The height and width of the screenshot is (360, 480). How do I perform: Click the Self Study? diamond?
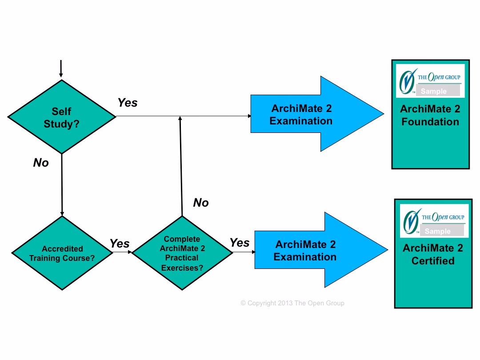tap(62, 117)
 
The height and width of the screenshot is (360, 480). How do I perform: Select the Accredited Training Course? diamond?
tap(62, 253)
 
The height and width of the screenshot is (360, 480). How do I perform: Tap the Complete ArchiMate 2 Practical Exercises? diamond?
tap(182, 253)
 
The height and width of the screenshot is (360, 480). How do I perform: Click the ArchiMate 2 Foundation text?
tap(430, 116)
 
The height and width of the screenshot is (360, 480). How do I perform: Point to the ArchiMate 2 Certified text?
tap(433, 255)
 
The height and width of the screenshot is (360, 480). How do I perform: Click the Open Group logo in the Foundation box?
tap(430, 80)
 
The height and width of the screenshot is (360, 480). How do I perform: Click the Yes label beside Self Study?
tap(128, 103)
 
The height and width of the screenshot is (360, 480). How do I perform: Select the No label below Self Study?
tap(41, 163)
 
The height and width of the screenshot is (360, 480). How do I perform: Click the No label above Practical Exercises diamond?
tap(201, 203)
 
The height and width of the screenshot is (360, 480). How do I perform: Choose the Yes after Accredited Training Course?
tap(120, 244)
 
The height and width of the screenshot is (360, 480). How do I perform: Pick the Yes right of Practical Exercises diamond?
tap(240, 243)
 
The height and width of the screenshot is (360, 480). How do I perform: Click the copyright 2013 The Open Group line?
tap(292, 303)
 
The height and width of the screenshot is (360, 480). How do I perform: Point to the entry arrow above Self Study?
tap(61, 69)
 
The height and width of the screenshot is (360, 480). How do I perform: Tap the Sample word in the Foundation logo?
tap(433, 92)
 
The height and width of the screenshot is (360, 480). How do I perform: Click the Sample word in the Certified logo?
tap(437, 231)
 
